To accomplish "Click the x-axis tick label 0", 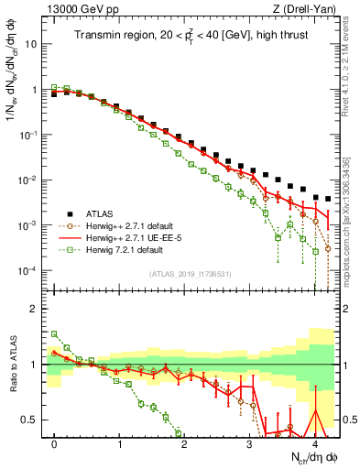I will pyautogui.click(x=55, y=443).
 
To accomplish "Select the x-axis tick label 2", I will pyautogui.click(x=184, y=443).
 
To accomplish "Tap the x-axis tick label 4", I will pyautogui.click(x=314, y=443).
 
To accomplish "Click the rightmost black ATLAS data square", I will pyautogui.click(x=328, y=198).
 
